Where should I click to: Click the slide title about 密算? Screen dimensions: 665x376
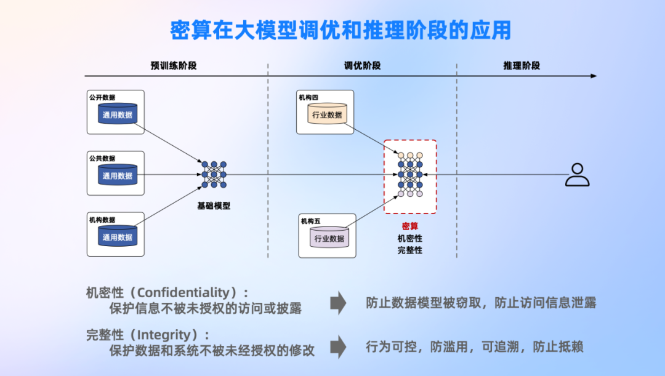tap(341, 30)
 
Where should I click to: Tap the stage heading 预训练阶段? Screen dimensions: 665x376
tap(174, 66)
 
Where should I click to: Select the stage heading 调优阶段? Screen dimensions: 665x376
tap(362, 66)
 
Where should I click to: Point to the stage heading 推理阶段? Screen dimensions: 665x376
tap(522, 66)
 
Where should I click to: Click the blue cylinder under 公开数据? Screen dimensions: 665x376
tap(118, 114)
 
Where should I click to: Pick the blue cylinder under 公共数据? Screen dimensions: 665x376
tap(118, 175)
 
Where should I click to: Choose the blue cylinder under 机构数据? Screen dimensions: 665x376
tap(118, 236)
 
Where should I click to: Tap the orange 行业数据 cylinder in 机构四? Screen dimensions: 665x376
tap(327, 114)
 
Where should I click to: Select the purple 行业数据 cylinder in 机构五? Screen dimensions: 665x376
tap(329, 238)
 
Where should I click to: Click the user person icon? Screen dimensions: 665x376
tap(577, 175)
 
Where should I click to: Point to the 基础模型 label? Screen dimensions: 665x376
tap(214, 206)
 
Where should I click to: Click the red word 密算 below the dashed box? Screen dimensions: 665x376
tap(409, 226)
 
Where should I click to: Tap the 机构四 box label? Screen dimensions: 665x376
tap(308, 97)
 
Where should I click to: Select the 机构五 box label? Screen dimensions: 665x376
tap(310, 222)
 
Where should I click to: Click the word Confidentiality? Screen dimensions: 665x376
tap(183, 292)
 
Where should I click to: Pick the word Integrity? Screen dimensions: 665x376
tap(164, 335)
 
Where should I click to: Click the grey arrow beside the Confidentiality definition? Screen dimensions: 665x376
tap(338, 303)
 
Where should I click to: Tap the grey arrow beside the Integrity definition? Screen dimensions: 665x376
tap(338, 346)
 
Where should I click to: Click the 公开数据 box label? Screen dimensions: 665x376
tap(102, 97)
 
